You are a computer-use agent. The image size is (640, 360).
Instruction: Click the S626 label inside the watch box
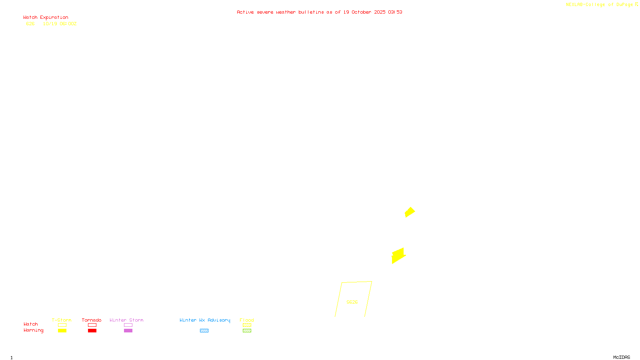(352, 302)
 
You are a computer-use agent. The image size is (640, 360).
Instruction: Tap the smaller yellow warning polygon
(410, 212)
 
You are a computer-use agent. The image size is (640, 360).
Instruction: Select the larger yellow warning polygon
(398, 256)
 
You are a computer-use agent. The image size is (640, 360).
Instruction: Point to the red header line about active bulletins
(319, 12)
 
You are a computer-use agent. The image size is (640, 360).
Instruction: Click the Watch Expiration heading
(46, 18)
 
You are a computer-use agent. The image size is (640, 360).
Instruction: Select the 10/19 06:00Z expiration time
(60, 24)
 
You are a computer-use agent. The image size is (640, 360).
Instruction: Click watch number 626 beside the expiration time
(30, 24)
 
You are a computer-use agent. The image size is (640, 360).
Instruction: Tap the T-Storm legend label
(62, 320)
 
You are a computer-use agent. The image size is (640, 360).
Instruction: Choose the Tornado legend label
(92, 320)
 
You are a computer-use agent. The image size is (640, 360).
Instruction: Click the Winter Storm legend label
(126, 320)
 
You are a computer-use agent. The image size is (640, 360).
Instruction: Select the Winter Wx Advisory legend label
(205, 320)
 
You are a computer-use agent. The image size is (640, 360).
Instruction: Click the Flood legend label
(247, 320)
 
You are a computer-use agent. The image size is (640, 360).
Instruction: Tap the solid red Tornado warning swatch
(92, 330)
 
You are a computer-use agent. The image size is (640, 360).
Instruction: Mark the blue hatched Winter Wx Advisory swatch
(204, 330)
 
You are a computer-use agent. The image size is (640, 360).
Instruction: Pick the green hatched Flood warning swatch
(247, 330)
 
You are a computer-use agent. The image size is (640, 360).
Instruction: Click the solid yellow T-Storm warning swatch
(62, 330)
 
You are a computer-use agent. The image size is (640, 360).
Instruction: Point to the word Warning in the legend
(33, 330)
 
